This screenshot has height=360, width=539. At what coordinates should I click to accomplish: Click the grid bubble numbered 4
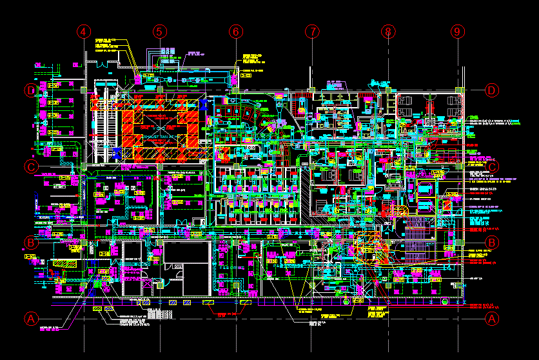point(84,31)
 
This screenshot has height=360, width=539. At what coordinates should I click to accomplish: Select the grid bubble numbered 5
point(160,31)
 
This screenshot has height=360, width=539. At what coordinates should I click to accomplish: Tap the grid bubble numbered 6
point(236,31)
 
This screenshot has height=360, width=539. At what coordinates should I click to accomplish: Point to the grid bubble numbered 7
point(312,31)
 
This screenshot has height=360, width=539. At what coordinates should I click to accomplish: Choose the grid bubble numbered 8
point(387,31)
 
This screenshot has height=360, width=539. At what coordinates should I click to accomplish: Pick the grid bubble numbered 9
point(458,31)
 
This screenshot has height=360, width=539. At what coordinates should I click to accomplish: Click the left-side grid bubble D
point(30,90)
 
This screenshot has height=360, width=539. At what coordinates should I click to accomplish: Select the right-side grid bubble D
point(492,90)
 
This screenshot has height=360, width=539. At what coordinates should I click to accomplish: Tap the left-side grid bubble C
point(30,166)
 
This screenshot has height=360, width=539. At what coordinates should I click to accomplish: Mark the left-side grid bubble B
point(30,243)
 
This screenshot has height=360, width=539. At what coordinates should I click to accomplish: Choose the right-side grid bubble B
point(492,243)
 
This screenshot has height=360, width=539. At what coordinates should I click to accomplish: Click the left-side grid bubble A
point(30,318)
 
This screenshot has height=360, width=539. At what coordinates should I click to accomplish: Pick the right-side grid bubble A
point(492,318)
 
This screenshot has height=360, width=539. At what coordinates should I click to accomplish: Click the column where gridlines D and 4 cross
point(84,90)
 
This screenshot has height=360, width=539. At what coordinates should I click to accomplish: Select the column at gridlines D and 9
point(458,90)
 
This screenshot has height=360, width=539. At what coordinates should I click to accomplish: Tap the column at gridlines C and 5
point(160,166)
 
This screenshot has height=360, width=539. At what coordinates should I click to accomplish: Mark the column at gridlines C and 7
point(312,166)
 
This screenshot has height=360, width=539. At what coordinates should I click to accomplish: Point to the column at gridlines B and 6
point(236,243)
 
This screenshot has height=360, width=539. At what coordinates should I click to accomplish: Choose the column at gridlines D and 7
point(312,90)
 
